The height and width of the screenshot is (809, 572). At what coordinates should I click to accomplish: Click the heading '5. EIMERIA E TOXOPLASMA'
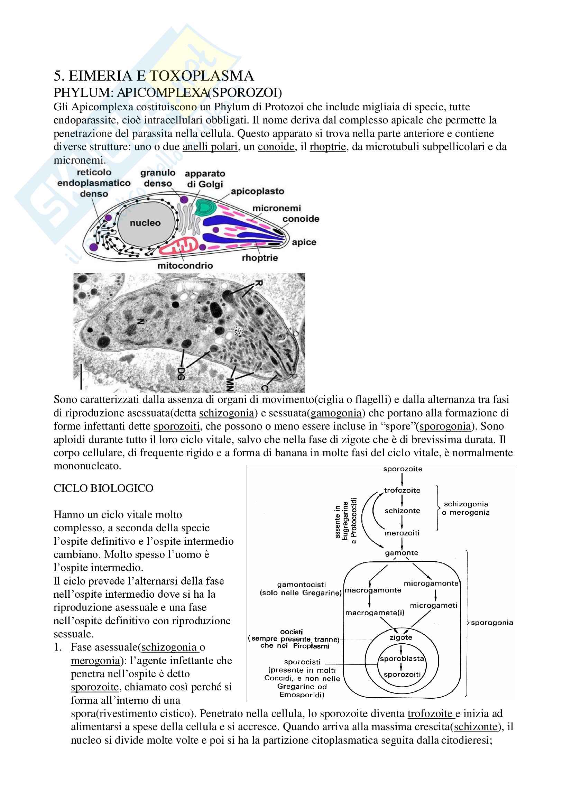click(154, 76)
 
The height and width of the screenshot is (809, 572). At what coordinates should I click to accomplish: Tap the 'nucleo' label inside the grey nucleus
click(145, 223)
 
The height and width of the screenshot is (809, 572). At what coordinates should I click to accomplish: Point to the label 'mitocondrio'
click(185, 265)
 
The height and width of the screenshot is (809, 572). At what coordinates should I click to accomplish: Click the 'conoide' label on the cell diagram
click(301, 219)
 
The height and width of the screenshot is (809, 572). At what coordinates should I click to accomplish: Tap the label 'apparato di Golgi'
click(205, 178)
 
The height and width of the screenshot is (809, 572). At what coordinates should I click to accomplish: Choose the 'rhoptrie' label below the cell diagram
click(260, 258)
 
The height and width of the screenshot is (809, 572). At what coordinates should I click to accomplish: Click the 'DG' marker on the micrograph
click(181, 373)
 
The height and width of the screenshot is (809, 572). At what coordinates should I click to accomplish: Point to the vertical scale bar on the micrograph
click(81, 377)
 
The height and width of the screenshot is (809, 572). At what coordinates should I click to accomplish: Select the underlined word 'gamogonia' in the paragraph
click(336, 413)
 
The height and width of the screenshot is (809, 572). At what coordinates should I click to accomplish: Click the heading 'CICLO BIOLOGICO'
click(103, 488)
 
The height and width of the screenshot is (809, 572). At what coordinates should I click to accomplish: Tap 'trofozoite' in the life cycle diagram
click(402, 490)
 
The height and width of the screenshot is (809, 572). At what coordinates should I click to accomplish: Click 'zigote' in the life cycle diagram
click(401, 637)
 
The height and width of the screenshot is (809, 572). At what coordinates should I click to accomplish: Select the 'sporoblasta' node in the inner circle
click(402, 659)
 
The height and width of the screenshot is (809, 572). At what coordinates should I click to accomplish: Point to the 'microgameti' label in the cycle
click(433, 605)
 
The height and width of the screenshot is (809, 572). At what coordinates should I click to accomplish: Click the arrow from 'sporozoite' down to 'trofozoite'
click(402, 479)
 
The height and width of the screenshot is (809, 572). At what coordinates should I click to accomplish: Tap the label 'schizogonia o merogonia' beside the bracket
click(465, 508)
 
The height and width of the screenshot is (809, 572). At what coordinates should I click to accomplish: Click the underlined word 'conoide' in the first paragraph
click(276, 147)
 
